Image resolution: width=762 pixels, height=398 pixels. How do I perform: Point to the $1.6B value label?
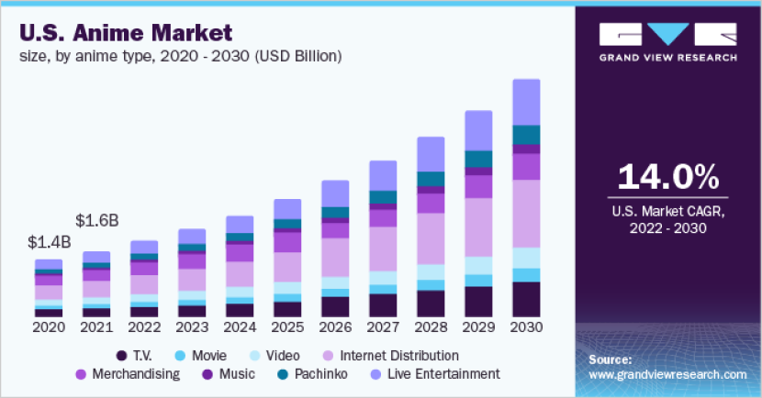(96, 221)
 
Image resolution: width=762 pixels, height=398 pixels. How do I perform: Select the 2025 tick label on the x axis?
(287, 327)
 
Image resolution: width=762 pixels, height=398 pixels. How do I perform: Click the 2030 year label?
(526, 327)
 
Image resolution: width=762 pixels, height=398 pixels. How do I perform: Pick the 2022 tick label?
(144, 327)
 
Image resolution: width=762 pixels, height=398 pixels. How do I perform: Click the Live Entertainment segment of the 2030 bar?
(526, 102)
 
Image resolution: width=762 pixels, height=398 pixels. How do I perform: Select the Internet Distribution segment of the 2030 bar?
(526, 214)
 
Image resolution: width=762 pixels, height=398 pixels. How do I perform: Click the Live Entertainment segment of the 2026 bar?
(335, 193)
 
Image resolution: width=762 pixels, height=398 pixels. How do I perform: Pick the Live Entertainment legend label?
(435, 374)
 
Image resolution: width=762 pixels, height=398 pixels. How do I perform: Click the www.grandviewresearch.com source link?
(667, 375)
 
